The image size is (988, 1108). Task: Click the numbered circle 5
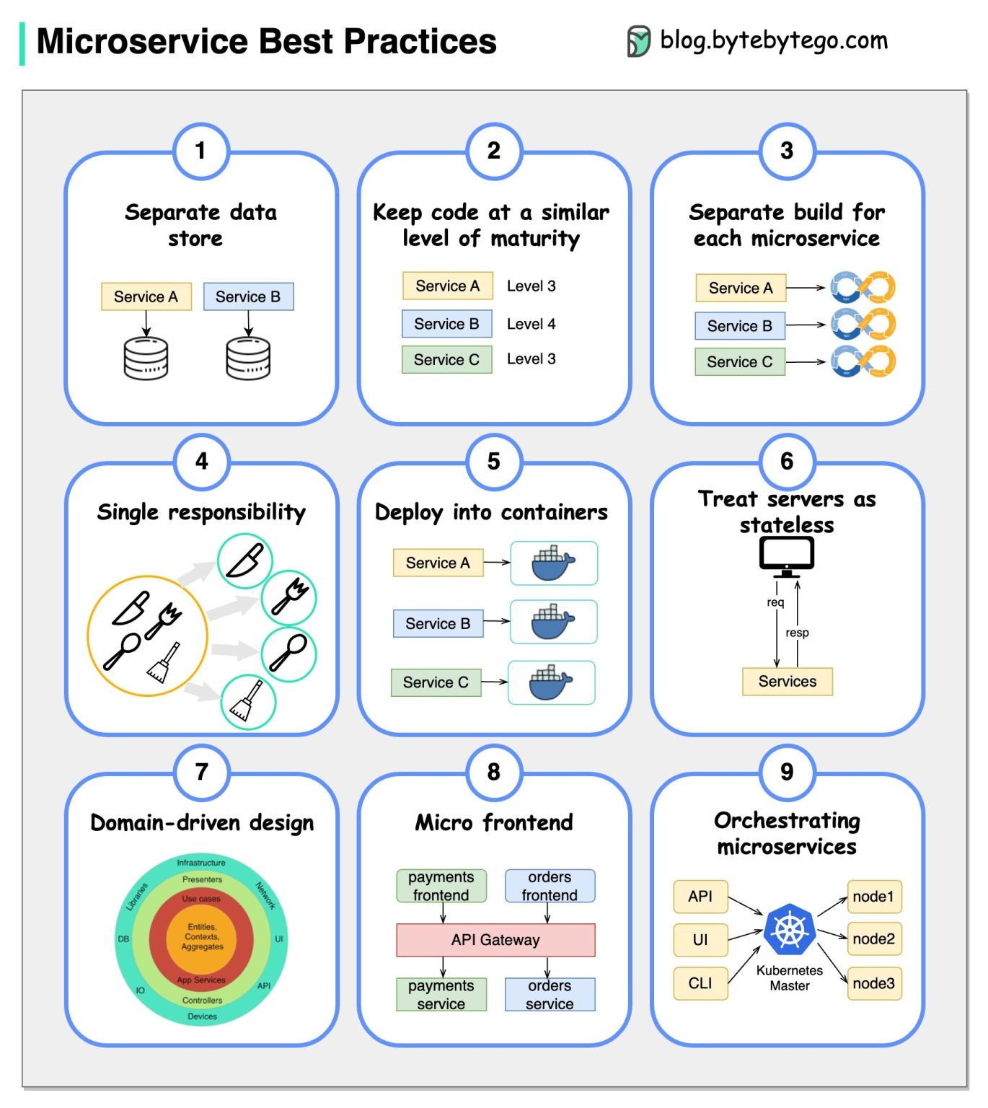(493, 462)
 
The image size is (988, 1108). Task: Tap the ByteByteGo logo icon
(638, 41)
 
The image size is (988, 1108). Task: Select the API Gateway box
(495, 940)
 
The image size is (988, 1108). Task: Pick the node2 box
(873, 938)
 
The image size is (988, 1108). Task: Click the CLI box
(700, 983)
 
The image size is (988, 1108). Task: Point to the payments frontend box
(441, 886)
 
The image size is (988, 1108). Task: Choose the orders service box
(550, 995)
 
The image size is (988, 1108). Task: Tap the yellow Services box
(787, 681)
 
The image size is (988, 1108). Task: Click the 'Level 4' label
(531, 324)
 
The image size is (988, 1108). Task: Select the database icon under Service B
(248, 359)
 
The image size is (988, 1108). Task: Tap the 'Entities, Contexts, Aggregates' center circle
(202, 937)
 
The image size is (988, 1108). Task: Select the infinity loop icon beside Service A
(863, 287)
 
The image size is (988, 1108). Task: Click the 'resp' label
(797, 633)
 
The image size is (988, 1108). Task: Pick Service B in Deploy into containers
(438, 623)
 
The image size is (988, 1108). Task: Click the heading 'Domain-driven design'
(202, 822)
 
